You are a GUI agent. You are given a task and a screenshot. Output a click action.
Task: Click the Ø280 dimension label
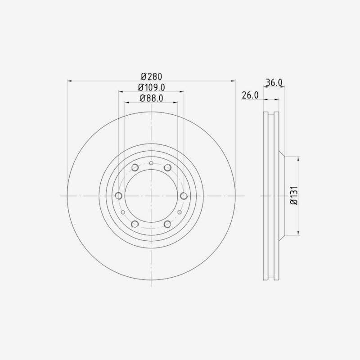coord(152,76)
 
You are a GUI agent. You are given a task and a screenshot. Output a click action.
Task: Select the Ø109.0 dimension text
coord(152,87)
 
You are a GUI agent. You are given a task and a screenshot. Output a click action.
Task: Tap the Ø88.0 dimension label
coord(152,98)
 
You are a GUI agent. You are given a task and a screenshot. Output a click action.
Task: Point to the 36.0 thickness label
coord(274,82)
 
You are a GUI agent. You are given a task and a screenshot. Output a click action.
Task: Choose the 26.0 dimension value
coord(250,95)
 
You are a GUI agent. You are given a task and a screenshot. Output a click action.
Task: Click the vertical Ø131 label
coord(294,195)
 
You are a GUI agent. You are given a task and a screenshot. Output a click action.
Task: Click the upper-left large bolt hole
coord(135,167)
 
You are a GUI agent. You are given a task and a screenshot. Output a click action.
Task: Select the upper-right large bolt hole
coord(167,167)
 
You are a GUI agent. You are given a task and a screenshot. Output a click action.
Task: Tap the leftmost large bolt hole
coord(118,196)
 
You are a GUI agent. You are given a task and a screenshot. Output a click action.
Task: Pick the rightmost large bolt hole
coord(184,196)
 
